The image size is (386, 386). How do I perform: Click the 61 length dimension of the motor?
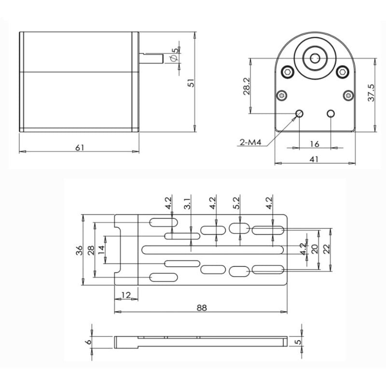[80, 148]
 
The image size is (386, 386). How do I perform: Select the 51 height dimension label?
[191, 83]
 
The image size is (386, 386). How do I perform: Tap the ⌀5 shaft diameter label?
[174, 55]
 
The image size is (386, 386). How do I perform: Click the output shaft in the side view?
[151, 58]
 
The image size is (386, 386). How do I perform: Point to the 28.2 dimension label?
[247, 86]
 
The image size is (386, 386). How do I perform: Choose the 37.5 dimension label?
[371, 93]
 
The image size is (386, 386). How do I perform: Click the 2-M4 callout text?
[250, 142]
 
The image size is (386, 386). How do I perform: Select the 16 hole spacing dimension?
[315, 144]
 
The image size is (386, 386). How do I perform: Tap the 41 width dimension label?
[314, 159]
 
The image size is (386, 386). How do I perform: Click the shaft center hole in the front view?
[315, 58]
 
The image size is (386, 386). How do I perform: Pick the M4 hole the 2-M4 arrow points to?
[299, 113]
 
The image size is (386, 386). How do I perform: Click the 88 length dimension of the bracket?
[202, 308]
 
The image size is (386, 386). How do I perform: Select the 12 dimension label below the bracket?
[126, 295]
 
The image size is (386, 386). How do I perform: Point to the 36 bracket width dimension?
[79, 250]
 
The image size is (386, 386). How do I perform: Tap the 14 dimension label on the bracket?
[101, 250]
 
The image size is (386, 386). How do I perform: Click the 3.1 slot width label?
[188, 204]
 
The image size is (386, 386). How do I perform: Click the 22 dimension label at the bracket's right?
[326, 249]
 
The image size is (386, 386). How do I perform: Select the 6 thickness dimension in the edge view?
[89, 342]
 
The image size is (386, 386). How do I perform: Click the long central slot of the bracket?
[213, 249]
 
